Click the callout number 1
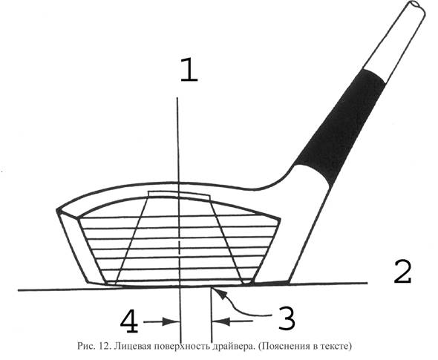[189, 70]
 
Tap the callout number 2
[402, 272]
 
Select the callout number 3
[287, 318]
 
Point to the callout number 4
[129, 321]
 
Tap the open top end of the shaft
[417, 6]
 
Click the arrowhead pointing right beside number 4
[171, 321]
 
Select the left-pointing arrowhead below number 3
[220, 321]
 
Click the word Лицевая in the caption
[132, 347]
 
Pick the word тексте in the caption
[336, 347]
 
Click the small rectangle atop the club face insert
[179, 195]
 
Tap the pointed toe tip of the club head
[58, 210]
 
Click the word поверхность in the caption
[181, 347]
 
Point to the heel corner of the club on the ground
[289, 283]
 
